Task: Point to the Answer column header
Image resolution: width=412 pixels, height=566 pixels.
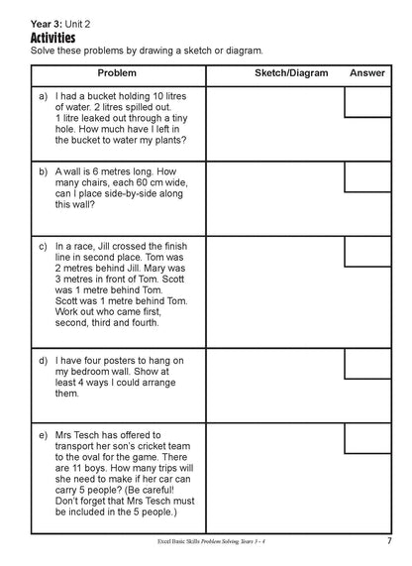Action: [x=366, y=74]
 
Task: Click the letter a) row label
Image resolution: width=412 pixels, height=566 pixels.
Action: [x=43, y=96]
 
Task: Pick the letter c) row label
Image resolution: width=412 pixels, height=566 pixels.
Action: [x=43, y=245]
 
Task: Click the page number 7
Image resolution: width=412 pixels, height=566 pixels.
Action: [x=390, y=540]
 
